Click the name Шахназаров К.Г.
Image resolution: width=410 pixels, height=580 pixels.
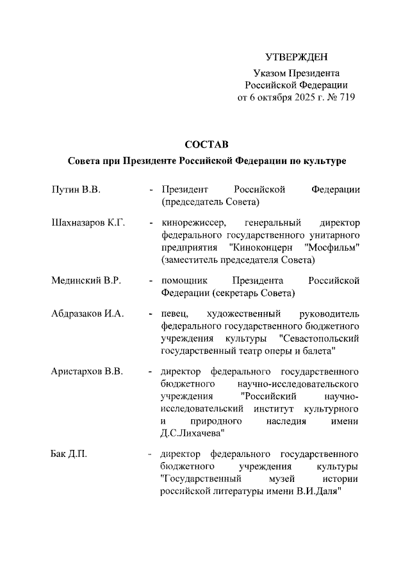[88, 223]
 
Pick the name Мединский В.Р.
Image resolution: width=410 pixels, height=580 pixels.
[86, 281]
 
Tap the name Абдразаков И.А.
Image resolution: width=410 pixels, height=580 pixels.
[87, 314]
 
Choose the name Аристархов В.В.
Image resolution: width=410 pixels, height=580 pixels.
[87, 372]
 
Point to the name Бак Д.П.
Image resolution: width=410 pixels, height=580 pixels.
[69, 454]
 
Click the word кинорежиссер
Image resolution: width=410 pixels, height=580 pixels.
[190, 223]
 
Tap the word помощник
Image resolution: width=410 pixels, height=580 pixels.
[183, 281]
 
